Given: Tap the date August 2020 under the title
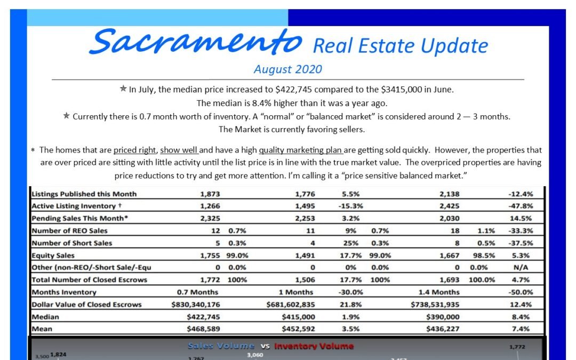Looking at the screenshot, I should click(287, 69).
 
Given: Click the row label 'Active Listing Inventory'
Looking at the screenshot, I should click(74, 206).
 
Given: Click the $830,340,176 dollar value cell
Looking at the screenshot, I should click(196, 304).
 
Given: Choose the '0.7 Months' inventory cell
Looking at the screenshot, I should click(197, 292).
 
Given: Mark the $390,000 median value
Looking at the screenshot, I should click(443, 316).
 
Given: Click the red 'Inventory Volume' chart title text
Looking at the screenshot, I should click(314, 346).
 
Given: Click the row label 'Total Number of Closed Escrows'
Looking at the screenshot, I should click(89, 279).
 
